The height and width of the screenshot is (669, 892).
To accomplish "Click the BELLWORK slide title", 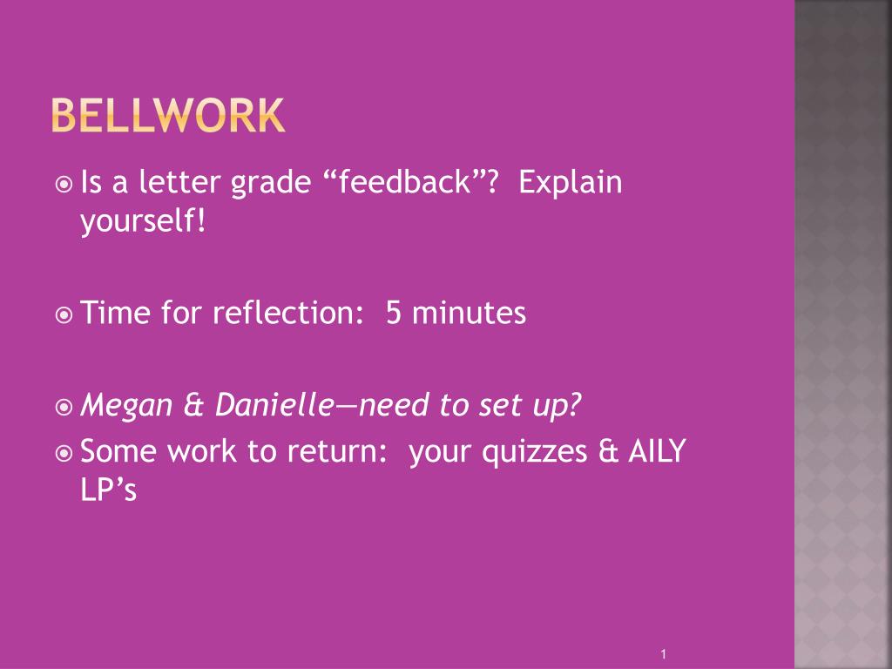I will [x=167, y=116].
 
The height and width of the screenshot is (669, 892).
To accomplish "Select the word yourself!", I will [x=144, y=222].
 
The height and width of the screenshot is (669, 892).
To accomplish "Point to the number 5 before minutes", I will [x=394, y=313].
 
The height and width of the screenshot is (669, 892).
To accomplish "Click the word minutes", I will [x=470, y=313].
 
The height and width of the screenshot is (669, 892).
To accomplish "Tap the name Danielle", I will [x=274, y=404].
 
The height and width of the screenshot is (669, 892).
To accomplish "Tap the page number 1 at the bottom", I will [x=664, y=653].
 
